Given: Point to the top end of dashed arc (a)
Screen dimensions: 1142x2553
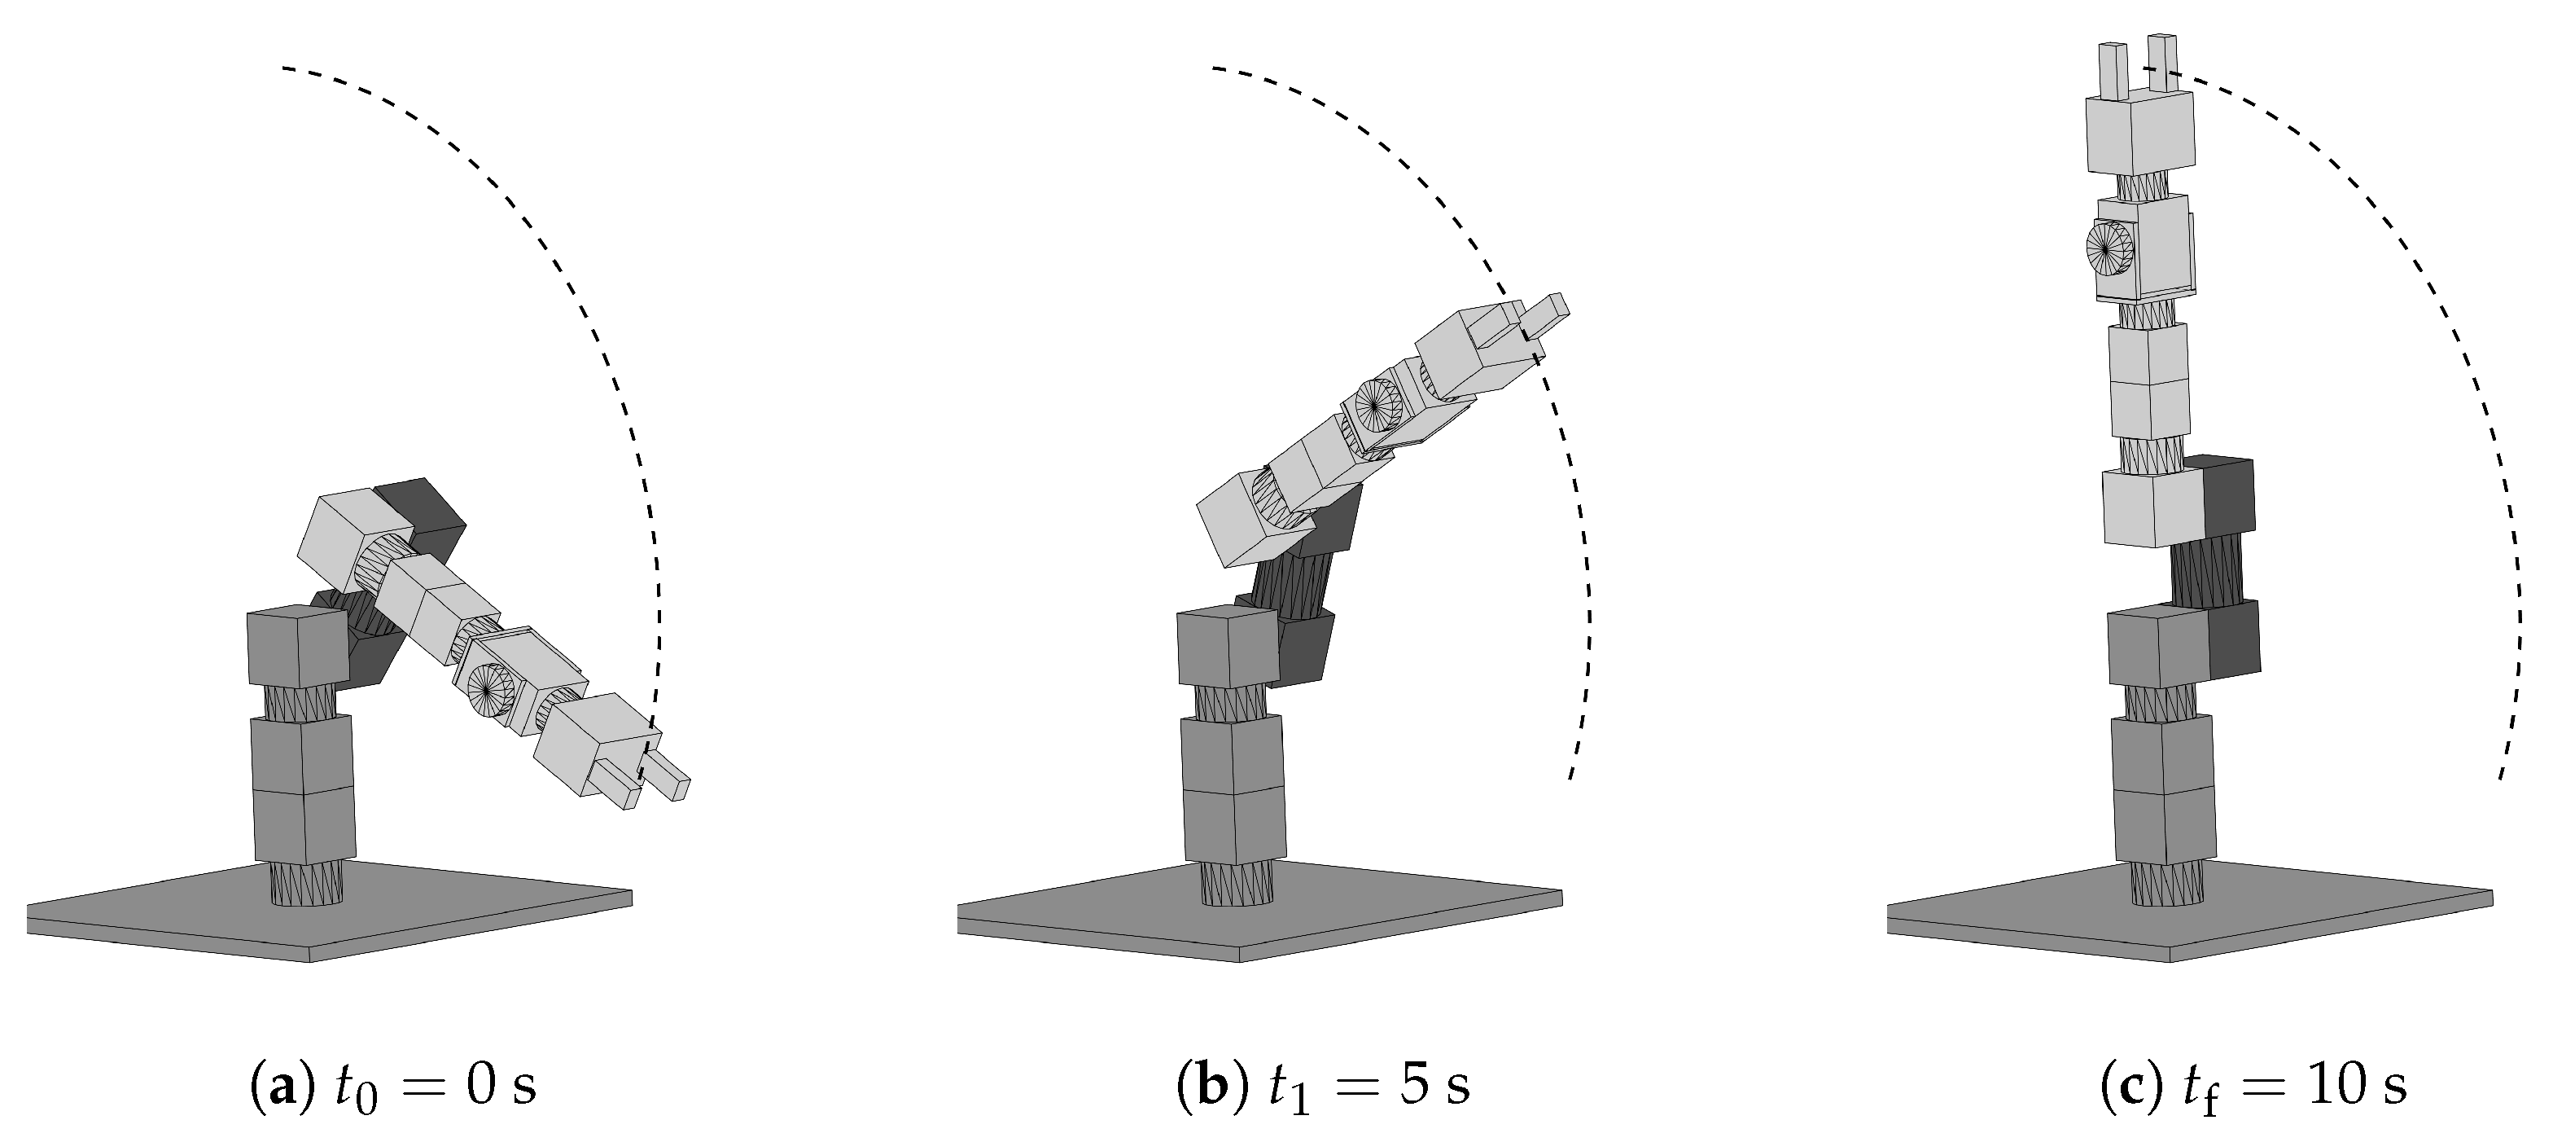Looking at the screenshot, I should point(284,68).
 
